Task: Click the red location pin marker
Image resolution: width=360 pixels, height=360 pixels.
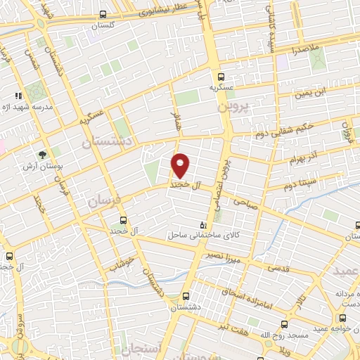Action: click(x=181, y=165)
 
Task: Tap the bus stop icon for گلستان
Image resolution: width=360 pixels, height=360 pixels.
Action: click(x=103, y=14)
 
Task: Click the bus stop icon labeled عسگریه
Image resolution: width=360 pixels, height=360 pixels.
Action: click(x=221, y=77)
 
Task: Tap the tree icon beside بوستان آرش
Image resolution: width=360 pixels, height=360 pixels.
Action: click(x=44, y=154)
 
